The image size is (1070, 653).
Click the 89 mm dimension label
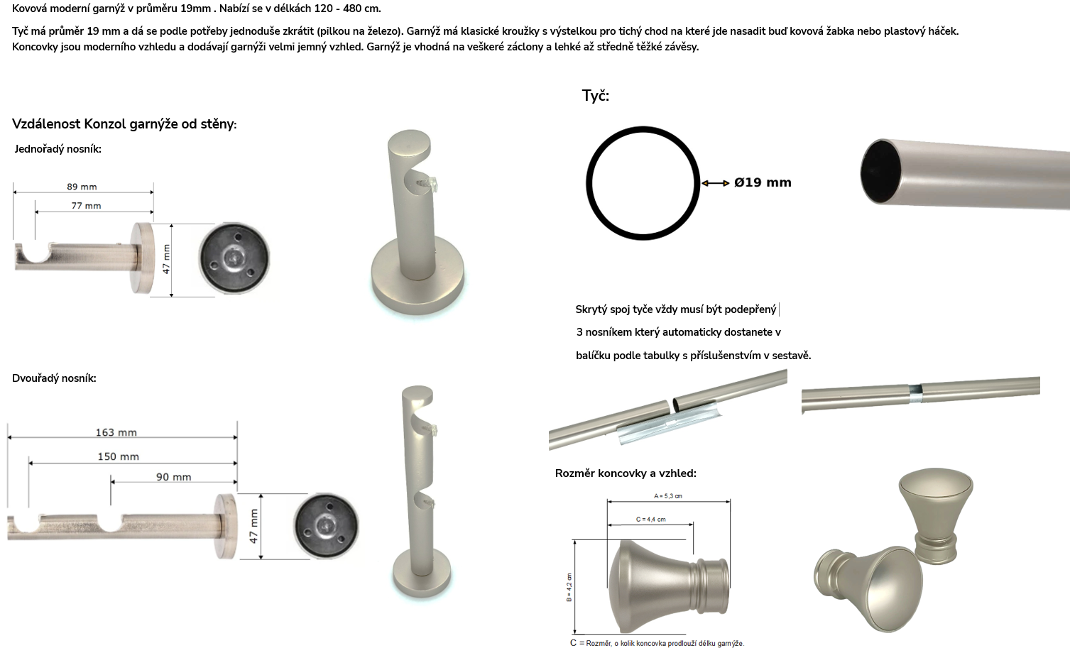pos(82,187)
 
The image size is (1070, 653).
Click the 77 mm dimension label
pos(87,206)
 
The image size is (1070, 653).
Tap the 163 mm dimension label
pos(116,432)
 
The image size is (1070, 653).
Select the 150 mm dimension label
pos(119,456)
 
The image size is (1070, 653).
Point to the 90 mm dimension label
pos(173,477)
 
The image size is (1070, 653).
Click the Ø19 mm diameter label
pos(763,182)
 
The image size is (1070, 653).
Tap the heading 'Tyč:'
pos(596,96)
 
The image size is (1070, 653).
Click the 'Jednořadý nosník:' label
pos(58,149)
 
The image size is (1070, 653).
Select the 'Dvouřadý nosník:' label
pos(54,378)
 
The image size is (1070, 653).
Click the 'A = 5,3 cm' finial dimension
pos(668,496)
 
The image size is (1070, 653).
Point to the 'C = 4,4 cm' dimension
pos(650,520)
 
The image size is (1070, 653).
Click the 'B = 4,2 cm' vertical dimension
pos(569,587)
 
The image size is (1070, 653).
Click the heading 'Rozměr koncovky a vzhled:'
pos(626,473)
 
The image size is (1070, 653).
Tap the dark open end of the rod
pos(880,172)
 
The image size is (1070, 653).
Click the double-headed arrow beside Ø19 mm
pos(715,183)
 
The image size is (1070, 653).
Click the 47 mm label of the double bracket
pos(253,527)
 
